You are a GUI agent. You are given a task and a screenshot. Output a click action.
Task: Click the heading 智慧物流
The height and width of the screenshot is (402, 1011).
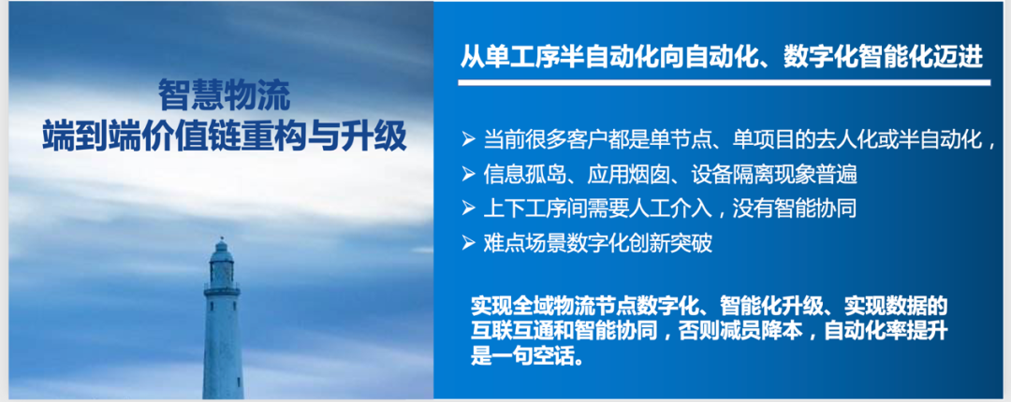point(225,96)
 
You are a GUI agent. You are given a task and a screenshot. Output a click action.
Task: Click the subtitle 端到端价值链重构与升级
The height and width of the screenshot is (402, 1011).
point(225,137)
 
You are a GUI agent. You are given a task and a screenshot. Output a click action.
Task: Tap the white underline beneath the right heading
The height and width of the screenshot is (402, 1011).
point(724,82)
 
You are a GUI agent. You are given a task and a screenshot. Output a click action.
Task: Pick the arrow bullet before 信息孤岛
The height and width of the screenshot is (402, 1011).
point(468,174)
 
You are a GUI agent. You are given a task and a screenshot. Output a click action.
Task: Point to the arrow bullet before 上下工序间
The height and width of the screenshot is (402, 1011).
point(468,208)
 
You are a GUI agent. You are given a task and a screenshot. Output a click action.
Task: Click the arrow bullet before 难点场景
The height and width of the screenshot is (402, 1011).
point(468,243)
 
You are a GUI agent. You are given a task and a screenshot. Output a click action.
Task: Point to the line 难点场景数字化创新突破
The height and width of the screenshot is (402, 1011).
point(597,243)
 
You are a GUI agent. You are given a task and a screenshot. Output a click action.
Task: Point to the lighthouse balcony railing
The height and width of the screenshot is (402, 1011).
point(222,289)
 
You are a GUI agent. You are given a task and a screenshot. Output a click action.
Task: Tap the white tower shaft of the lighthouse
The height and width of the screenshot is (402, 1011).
point(223,347)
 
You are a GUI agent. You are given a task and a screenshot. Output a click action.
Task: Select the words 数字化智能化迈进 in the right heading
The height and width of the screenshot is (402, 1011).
point(883,58)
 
